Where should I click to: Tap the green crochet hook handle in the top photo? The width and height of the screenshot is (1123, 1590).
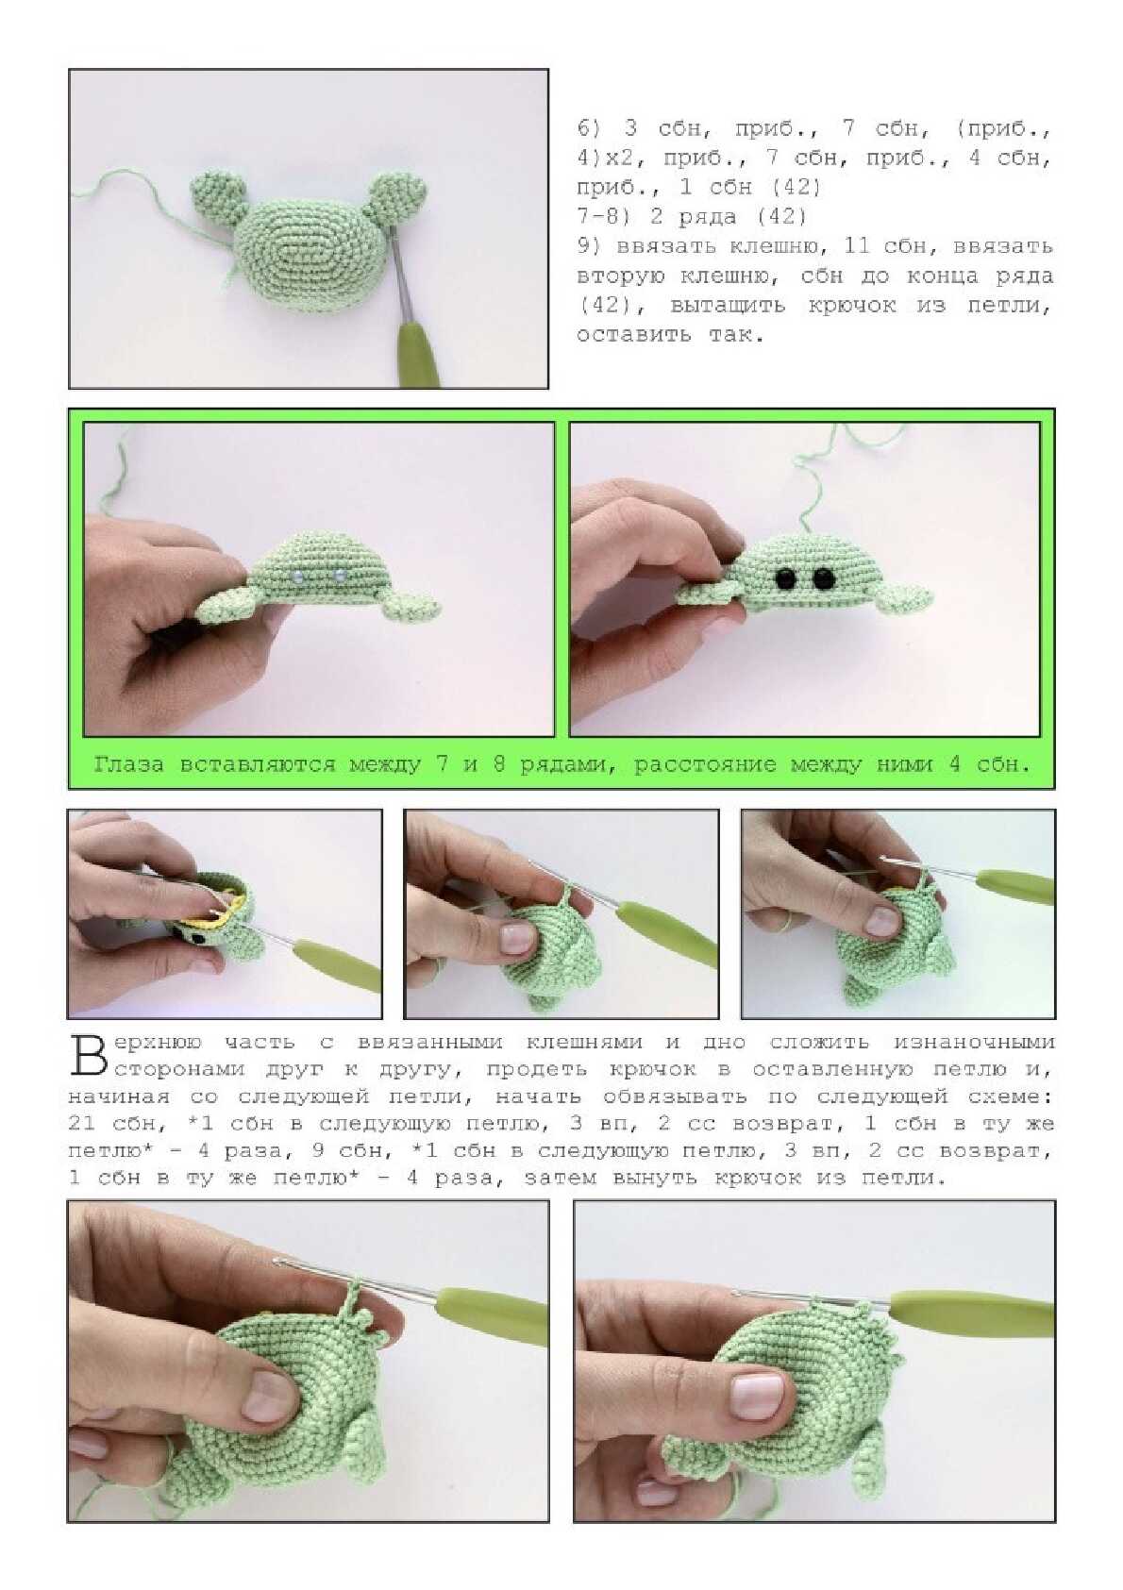[419, 352]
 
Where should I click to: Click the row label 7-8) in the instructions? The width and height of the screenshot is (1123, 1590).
[597, 216]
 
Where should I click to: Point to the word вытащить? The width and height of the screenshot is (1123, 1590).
[727, 306]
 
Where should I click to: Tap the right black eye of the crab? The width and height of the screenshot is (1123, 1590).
[823, 578]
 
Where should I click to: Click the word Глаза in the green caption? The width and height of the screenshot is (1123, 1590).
[128, 764]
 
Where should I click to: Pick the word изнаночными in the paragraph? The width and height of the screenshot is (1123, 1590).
[973, 1042]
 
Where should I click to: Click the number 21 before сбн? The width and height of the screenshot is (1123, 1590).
[82, 1124]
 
